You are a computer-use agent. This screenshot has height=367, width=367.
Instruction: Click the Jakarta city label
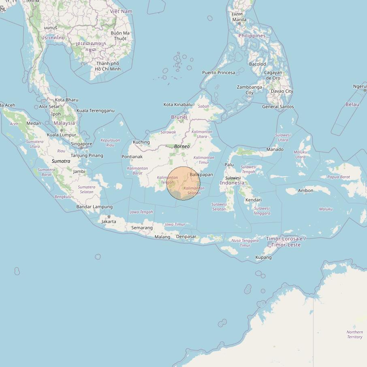109,222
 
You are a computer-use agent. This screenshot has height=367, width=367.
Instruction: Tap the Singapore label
81,144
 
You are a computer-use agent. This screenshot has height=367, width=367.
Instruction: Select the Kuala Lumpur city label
62,135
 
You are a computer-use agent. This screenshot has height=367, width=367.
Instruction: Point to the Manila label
239,19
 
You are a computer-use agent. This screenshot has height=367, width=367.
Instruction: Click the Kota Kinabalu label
178,105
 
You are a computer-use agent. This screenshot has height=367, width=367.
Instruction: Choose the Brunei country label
179,117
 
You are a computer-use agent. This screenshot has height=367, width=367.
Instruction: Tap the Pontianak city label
132,156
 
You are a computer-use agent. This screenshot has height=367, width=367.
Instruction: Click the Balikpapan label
201,175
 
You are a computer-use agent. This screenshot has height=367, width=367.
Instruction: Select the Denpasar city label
186,237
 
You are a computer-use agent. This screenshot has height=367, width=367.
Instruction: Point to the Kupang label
263,257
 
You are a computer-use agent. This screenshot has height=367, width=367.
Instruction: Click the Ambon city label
305,190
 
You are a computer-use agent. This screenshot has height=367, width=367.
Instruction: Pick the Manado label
275,149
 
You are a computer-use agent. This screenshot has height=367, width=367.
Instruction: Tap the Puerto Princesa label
219,73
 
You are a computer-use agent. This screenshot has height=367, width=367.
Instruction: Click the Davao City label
282,91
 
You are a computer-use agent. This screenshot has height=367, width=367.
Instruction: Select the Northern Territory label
354,335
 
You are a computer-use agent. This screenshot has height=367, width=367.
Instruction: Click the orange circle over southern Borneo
183,183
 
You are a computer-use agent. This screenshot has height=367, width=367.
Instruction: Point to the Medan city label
34,124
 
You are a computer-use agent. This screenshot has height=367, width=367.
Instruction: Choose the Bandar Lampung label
94,207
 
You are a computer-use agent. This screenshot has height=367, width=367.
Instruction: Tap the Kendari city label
253,200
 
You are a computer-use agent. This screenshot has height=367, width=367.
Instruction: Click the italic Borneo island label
182,146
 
